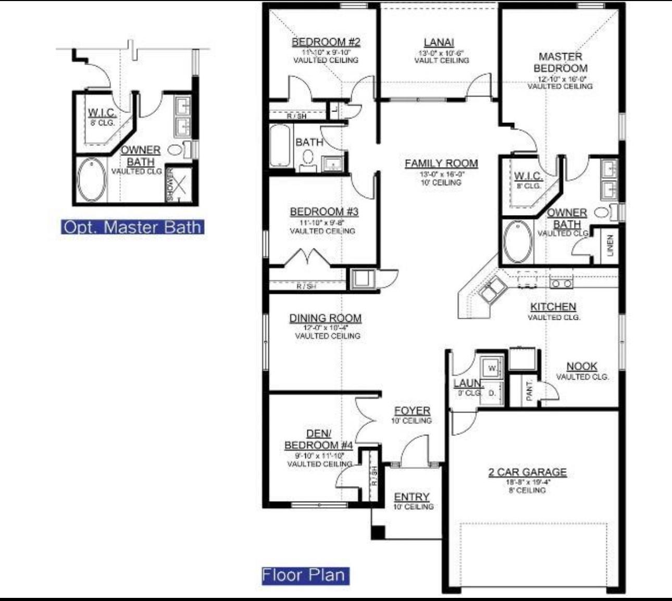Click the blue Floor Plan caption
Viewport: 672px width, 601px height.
(x=305, y=575)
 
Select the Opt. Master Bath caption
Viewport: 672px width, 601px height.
(x=132, y=227)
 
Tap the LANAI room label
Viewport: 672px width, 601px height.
(x=439, y=43)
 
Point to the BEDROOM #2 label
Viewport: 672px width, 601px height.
(x=326, y=42)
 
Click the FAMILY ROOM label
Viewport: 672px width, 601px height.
(x=441, y=164)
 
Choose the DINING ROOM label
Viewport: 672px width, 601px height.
(x=325, y=318)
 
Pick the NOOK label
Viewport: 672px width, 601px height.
(x=581, y=366)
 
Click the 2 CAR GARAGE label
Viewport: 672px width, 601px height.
(x=527, y=472)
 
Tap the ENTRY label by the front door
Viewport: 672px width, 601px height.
(x=412, y=497)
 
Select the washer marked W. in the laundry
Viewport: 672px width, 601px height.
(x=492, y=368)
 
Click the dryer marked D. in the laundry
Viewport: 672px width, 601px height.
(x=492, y=393)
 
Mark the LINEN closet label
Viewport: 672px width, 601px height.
(x=610, y=245)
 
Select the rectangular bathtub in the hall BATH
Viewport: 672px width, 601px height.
(x=280, y=146)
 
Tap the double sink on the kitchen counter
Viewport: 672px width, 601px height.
(x=492, y=290)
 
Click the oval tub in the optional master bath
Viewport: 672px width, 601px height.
(x=92, y=180)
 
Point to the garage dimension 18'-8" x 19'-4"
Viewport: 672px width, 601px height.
(x=527, y=482)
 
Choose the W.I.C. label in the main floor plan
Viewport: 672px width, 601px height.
(x=528, y=176)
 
